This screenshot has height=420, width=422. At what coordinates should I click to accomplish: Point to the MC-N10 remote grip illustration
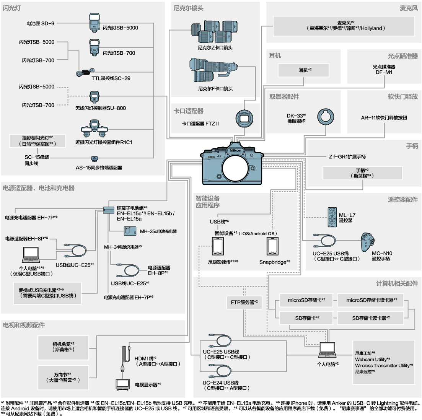(x=370, y=241)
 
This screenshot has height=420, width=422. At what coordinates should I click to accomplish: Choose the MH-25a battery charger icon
(x=129, y=231)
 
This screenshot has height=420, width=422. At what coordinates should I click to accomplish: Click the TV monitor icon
(x=123, y=383)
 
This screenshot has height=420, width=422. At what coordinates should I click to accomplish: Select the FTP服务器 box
(x=244, y=302)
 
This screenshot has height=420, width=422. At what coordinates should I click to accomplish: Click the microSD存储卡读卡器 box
(x=371, y=300)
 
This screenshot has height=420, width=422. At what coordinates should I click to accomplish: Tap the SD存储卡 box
(x=307, y=317)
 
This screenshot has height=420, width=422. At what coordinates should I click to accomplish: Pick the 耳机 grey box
(x=303, y=70)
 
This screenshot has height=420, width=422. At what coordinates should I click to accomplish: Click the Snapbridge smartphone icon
(x=272, y=246)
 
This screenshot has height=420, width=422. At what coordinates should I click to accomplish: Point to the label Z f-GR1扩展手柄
(x=347, y=156)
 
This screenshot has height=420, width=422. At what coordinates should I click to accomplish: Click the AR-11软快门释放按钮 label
(x=384, y=118)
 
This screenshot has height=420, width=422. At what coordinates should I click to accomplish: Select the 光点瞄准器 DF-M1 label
(x=384, y=69)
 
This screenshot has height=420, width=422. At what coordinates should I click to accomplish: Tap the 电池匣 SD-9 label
(x=41, y=23)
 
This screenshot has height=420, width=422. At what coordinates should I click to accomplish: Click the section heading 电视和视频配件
(x=24, y=325)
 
